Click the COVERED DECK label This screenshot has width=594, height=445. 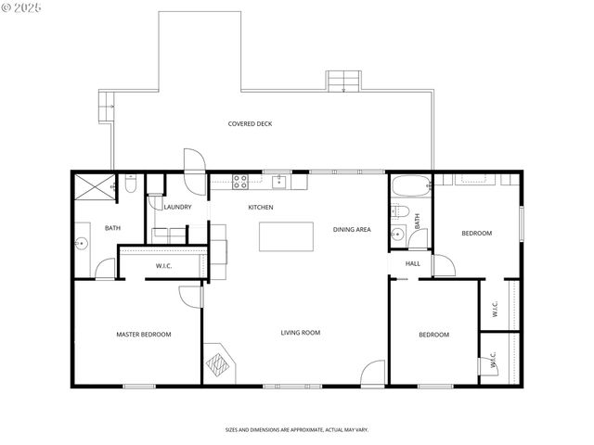tap(251, 123)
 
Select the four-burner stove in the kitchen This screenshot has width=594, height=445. tap(239, 180)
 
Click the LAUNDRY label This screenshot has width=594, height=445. tap(177, 207)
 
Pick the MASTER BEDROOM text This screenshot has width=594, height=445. tap(143, 334)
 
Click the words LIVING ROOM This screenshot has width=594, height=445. tap(301, 332)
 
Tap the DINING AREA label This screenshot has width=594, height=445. tap(352, 229)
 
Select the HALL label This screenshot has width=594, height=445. tap(413, 263)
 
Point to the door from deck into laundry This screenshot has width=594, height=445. tap(193, 162)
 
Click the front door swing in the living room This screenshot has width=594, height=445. tap(372, 373)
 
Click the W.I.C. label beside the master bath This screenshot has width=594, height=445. tap(163, 266)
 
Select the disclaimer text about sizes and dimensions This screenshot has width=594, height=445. tap(297, 429)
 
